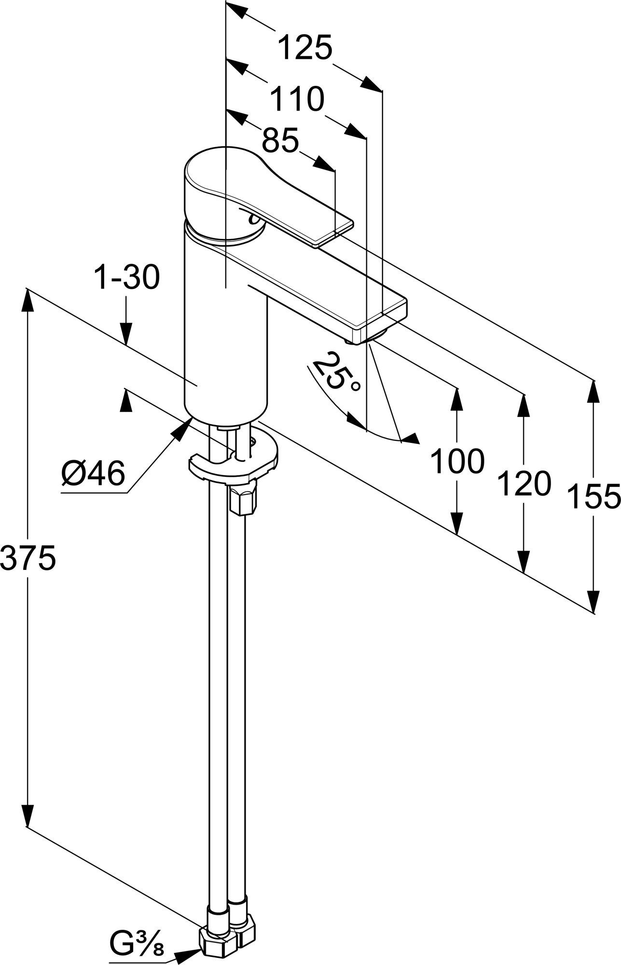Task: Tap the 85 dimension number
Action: (x=280, y=140)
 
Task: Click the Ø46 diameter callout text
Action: (x=94, y=473)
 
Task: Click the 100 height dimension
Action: (x=457, y=461)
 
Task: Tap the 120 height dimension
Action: (x=524, y=484)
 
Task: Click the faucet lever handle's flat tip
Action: (x=335, y=231)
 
